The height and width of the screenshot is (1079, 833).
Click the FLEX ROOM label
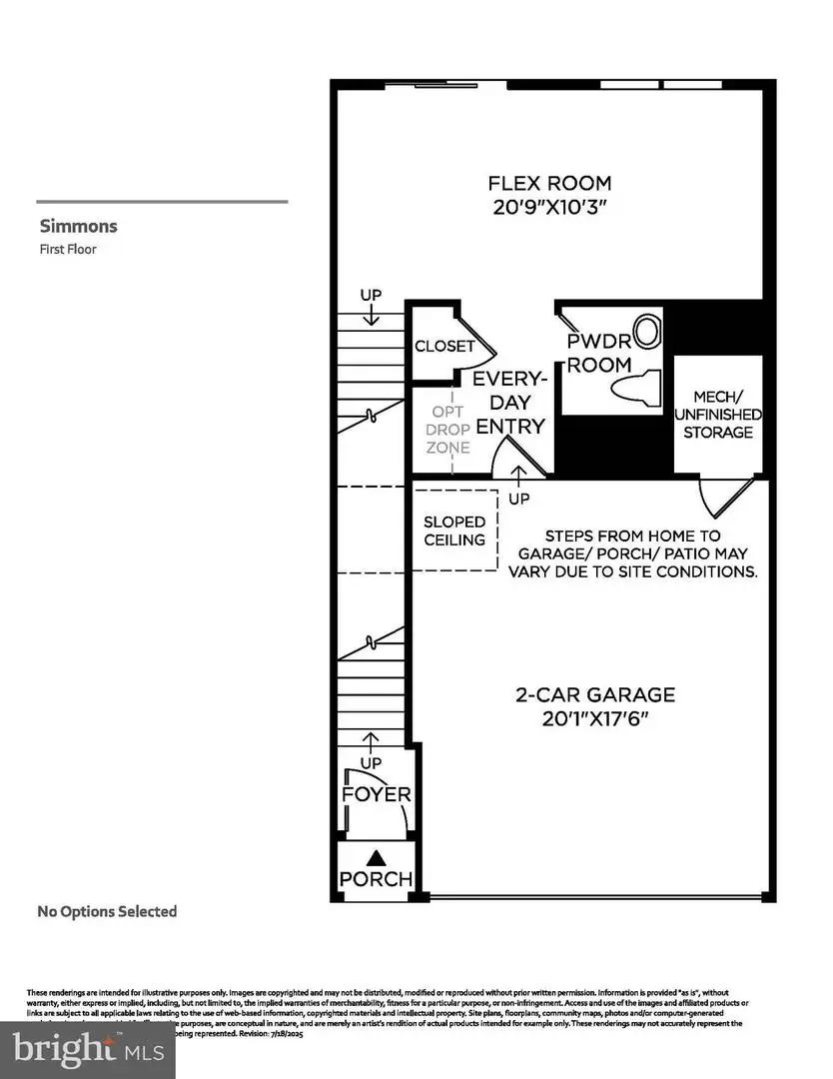click(x=549, y=184)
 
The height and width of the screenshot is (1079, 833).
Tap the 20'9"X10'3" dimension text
click(x=549, y=208)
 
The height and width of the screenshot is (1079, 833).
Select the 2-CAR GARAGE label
click(x=595, y=694)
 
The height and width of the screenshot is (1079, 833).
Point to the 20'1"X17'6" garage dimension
click(x=595, y=719)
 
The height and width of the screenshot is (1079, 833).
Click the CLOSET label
click(x=444, y=347)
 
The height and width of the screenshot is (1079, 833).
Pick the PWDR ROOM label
click(x=599, y=353)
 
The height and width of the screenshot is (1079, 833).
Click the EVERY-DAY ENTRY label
click(x=509, y=403)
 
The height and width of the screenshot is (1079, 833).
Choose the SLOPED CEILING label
click(x=454, y=531)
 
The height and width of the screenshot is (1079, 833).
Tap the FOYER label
click(x=377, y=795)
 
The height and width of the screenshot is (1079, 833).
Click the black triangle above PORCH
click(x=377, y=857)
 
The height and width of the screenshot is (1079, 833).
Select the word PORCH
click(x=376, y=879)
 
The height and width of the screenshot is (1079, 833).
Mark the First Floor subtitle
click(x=68, y=249)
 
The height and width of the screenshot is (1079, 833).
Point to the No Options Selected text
click(x=107, y=911)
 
